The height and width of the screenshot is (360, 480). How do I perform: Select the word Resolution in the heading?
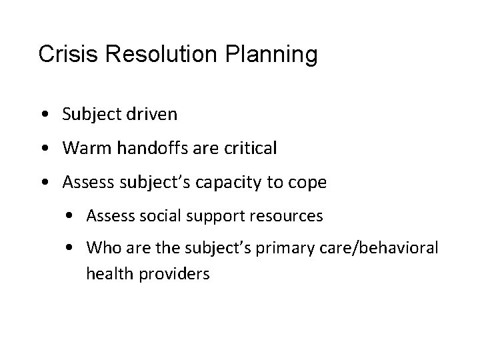pos(150,55)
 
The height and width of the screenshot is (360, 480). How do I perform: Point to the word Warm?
pos(82,148)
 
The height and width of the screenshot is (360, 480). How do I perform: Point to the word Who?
pos(99,249)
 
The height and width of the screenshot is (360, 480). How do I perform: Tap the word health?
pos(105,273)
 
